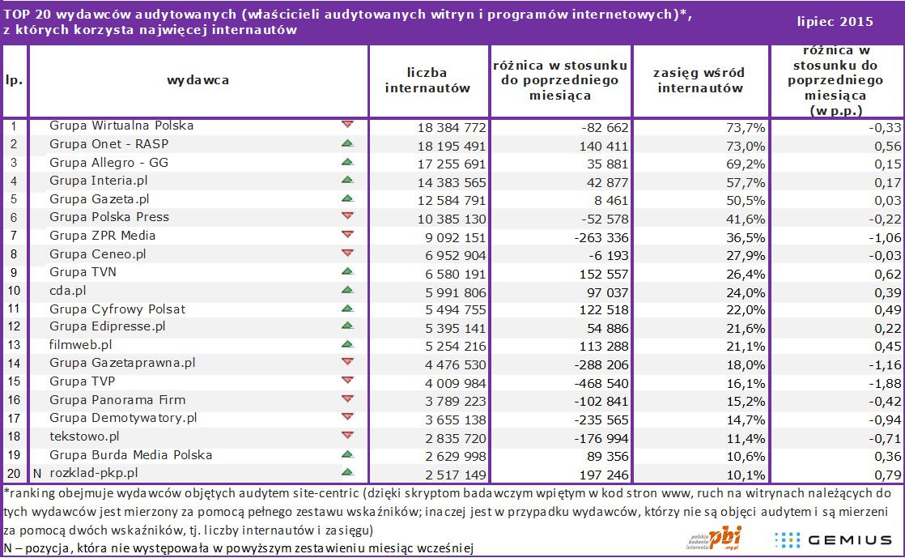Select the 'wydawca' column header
coord(198,80)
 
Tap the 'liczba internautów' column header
coord(427,81)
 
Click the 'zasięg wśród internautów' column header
coord(699,81)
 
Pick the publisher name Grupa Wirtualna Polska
coord(121,126)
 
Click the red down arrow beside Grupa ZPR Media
coord(347,235)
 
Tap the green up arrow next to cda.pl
coord(347,290)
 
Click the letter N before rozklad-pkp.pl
coord(37,473)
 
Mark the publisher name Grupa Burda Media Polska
coord(130,454)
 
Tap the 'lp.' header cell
coord(15,80)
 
